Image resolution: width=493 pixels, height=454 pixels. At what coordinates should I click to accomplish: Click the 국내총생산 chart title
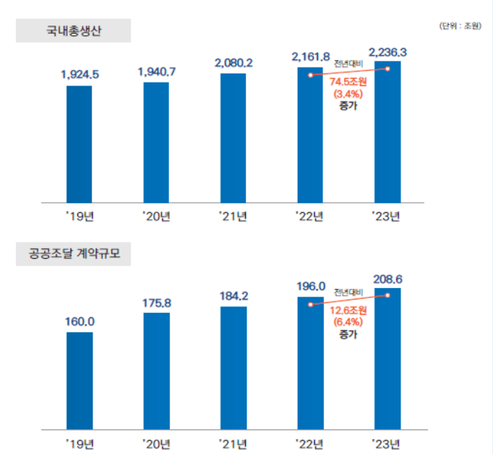tap(74, 31)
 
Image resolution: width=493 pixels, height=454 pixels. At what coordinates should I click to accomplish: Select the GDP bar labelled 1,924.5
tap(79, 144)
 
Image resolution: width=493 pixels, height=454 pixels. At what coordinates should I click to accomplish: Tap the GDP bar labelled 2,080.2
tap(233, 138)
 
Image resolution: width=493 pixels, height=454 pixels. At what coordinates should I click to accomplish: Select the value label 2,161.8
tap(310, 56)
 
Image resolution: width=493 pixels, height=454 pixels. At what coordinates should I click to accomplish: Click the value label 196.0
tap(310, 286)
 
